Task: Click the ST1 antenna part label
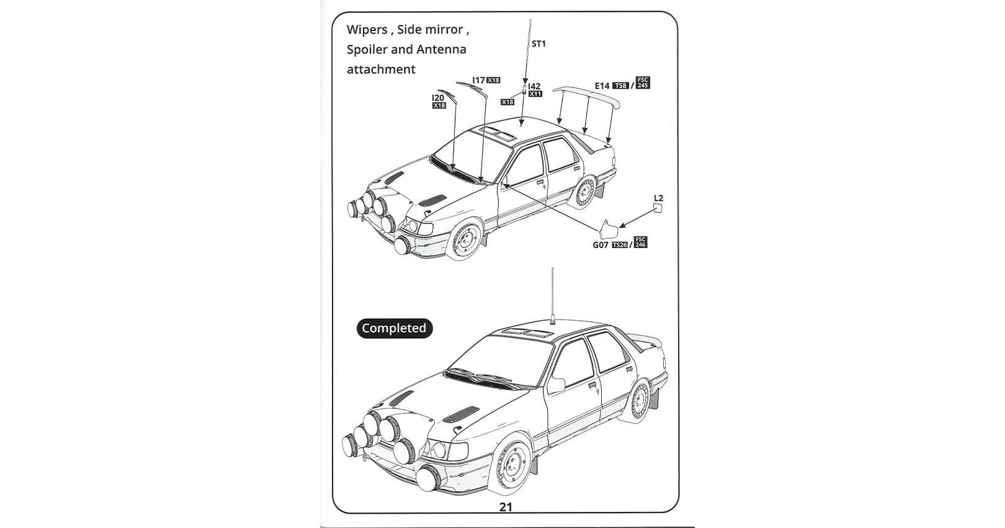coord(538,43)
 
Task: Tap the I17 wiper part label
coord(478,80)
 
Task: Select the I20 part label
coord(438,98)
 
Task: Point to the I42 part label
coord(534,86)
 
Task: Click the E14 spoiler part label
coord(602,86)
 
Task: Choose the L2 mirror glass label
coord(658,198)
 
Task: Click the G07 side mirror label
coord(601,245)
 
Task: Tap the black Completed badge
coord(395,328)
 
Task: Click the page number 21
coord(506,507)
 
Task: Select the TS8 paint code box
coord(621,86)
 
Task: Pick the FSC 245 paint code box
coord(643,83)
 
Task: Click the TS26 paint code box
coord(620,245)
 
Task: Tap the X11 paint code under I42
coord(535,94)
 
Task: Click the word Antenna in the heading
coord(442,50)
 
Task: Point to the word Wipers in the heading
coord(367,30)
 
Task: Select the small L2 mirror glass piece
coord(658,208)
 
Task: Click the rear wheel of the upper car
coord(584,194)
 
